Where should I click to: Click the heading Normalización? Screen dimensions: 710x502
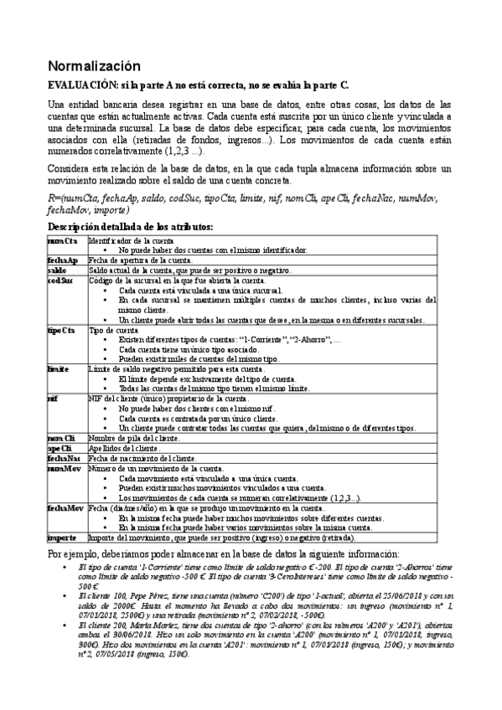click(94, 66)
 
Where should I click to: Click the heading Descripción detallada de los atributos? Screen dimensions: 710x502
click(131, 227)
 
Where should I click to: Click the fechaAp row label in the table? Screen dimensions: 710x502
click(63, 260)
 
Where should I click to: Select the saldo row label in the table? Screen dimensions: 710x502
click(58, 270)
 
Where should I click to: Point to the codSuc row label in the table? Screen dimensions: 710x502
click(61, 280)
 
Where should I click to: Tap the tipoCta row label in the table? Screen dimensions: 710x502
click(62, 330)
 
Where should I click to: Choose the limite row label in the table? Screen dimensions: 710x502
click(59, 368)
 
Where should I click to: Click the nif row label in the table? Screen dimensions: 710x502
click(53, 399)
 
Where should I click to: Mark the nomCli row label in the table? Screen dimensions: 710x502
click(62, 438)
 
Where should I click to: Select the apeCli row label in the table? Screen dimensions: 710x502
click(60, 448)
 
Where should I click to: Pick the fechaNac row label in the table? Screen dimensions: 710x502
click(65, 458)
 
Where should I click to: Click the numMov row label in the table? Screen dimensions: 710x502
click(64, 468)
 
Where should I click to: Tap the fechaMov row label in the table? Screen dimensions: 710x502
click(65, 507)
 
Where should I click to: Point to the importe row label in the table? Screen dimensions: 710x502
click(63, 537)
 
